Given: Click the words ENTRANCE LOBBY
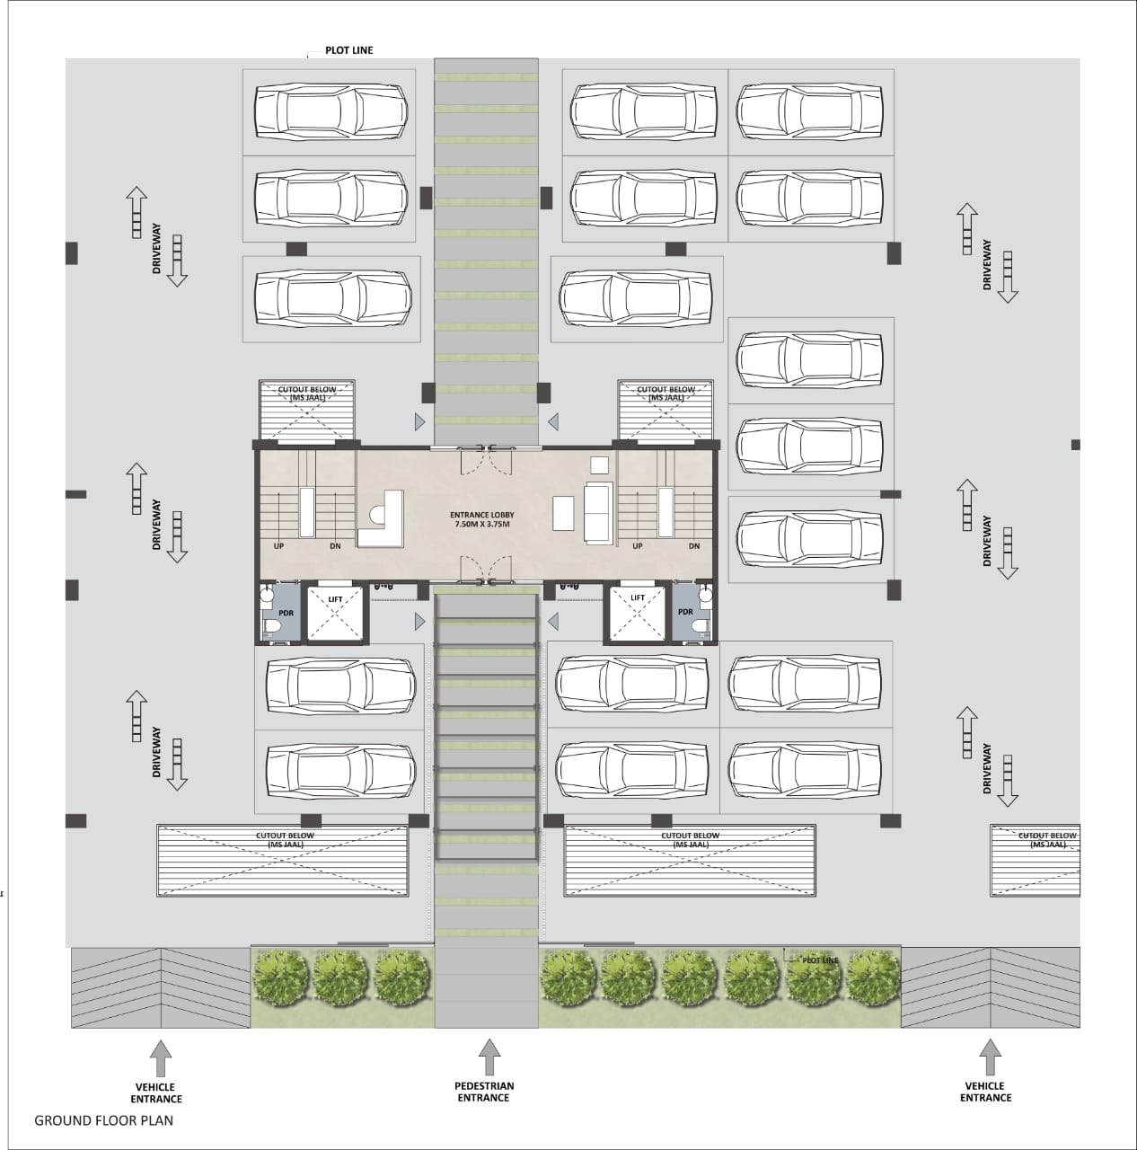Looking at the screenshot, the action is [481, 515].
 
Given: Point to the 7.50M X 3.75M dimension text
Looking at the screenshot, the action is [481, 525].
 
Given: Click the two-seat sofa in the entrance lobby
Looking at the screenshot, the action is [599, 513].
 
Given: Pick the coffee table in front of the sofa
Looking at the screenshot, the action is [563, 513].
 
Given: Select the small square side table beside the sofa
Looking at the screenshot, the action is [599, 464].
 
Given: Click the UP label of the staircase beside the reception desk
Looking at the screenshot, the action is [278, 546].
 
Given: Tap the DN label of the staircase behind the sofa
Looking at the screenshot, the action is [694, 546].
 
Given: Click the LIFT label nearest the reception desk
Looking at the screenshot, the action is [335, 599].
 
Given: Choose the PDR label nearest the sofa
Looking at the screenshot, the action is [685, 612].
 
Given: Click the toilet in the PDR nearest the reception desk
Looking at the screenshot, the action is [273, 626].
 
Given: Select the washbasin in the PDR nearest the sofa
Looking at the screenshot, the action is [706, 595].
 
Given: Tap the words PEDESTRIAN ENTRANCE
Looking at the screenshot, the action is [484, 1092].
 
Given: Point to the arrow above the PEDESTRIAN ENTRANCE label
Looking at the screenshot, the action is [489, 1057].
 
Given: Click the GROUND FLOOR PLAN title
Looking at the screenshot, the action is [104, 1120].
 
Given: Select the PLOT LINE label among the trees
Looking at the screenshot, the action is [820, 960].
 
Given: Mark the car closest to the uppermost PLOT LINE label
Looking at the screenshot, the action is [331, 111].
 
